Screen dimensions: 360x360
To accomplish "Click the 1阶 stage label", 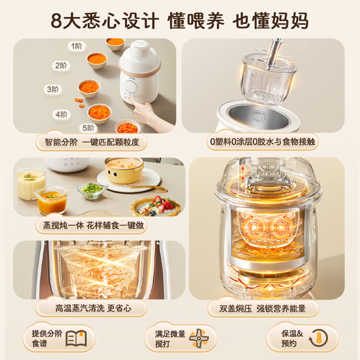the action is pos(77,47).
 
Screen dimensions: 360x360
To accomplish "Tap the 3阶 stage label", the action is pos(53,89).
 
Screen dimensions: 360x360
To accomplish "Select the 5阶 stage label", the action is pos(88,128).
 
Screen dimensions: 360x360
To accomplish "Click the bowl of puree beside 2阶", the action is pos(97,60).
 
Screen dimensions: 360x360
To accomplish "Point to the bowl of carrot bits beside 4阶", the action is pos(99,114).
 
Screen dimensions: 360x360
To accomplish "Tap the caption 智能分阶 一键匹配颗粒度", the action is pos(92,143).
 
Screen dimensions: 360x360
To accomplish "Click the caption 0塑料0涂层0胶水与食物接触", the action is pos(263,142).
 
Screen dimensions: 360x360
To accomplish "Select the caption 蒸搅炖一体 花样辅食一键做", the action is pos(93,226).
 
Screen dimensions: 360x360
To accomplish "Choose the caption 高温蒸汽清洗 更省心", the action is pos(93,308).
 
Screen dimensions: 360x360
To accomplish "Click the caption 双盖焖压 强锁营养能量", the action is pos(263,309).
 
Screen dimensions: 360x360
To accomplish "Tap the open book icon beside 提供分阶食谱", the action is pos(76,338).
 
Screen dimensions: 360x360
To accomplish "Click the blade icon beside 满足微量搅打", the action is pos(199,338).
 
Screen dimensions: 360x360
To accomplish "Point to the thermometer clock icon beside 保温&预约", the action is pos(318,338).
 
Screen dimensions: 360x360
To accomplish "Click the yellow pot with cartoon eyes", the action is pos(124,170).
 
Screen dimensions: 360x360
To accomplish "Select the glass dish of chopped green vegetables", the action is pos(92,190).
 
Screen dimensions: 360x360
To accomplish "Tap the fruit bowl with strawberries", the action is pos(156,206).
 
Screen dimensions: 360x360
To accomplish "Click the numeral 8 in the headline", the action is pos(57,21).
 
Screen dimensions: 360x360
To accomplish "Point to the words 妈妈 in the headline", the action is pos(290,21).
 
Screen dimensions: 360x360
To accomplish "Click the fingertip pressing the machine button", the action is pos(130,98).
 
